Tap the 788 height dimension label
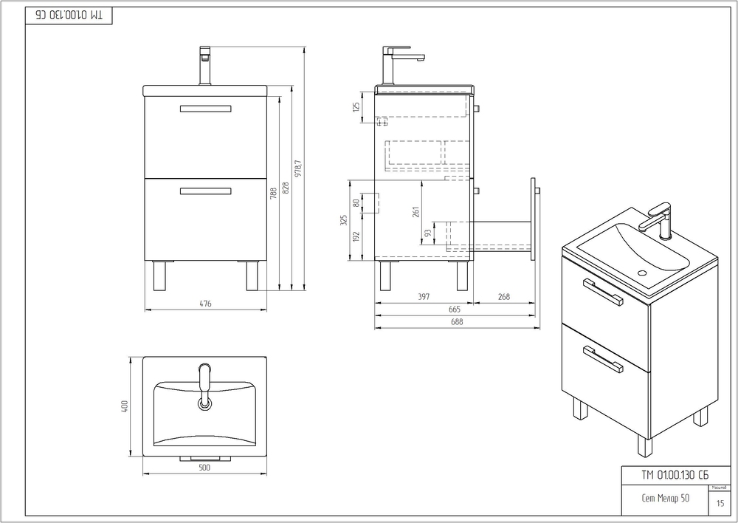tap(274, 195)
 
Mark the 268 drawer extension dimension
tap(503, 297)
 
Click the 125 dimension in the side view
tap(356, 107)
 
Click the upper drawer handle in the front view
tap(205, 109)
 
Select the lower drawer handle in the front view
tap(205, 191)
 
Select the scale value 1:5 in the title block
tap(720, 503)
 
